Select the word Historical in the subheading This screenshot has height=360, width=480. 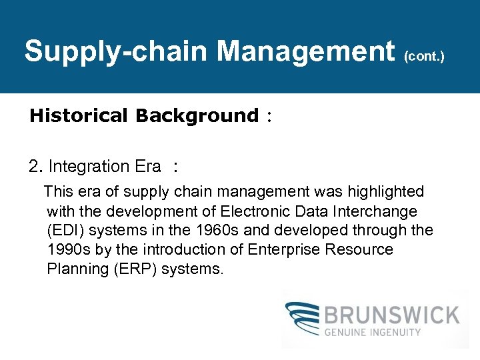78,115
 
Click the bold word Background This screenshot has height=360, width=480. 196,115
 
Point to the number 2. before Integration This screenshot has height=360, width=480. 36,166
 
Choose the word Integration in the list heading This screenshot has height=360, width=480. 89,166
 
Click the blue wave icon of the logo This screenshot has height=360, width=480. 304,319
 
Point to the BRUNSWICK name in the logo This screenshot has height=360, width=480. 392,314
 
